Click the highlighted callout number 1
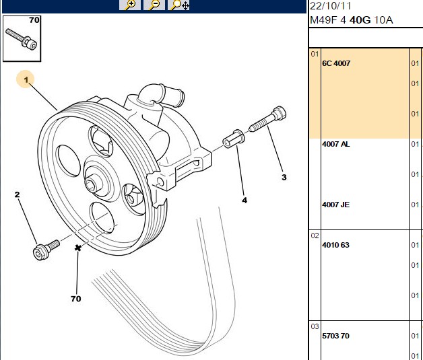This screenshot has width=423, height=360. [26, 79]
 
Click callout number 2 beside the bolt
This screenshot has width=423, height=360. [18, 194]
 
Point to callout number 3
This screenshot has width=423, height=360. [284, 177]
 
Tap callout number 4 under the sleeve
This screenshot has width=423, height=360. [245, 201]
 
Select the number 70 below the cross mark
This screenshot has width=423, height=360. [76, 299]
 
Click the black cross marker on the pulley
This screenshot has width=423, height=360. [78, 248]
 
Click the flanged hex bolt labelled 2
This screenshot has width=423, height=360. [46, 250]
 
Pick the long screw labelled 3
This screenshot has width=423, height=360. [267, 119]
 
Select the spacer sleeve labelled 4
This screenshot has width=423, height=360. [234, 139]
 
